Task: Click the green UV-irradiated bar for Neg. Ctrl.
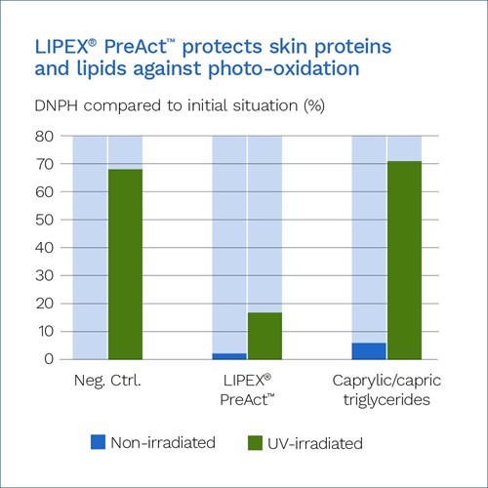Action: (x=125, y=264)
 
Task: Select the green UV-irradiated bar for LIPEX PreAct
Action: (x=264, y=336)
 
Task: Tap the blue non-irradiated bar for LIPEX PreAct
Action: (x=229, y=356)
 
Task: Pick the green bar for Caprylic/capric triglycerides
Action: (x=404, y=261)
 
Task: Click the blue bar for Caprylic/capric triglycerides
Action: (x=369, y=351)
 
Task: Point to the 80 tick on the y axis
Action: (x=45, y=137)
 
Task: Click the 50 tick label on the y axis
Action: (x=45, y=220)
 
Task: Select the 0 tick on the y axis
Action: (x=49, y=359)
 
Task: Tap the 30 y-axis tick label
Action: (x=45, y=276)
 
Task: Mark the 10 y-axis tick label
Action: (x=45, y=332)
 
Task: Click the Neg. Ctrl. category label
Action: (x=107, y=381)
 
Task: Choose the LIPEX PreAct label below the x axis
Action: (x=247, y=389)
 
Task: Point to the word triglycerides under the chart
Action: (x=386, y=400)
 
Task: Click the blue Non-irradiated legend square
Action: (x=98, y=442)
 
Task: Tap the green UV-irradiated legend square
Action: (x=255, y=443)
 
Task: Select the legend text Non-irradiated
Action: (x=163, y=443)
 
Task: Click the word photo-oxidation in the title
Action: (x=284, y=69)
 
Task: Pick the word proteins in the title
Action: (x=352, y=47)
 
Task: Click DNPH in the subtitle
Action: (x=57, y=105)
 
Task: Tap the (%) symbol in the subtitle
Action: (x=314, y=105)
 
